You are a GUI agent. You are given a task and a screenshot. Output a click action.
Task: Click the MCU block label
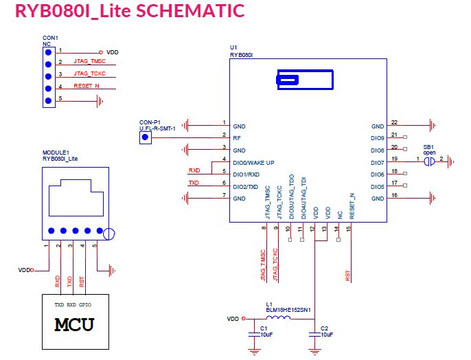tap(75, 324)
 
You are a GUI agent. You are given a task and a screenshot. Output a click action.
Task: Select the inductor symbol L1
tap(277, 319)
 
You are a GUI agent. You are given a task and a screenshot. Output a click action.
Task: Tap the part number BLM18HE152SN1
tap(289, 310)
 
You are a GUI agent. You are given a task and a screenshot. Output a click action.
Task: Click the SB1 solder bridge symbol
tap(428, 162)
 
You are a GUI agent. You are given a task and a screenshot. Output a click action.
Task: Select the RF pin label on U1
tap(237, 138)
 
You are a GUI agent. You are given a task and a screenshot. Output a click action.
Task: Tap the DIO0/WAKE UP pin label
tap(253, 162)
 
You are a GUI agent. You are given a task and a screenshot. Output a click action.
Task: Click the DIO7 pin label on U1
tap(377, 163)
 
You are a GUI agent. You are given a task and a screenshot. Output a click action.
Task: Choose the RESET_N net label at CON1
tap(87, 86)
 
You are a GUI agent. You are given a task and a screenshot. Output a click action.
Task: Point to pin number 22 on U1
tap(394, 122)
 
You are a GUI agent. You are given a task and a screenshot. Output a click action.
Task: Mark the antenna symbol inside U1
tap(287, 80)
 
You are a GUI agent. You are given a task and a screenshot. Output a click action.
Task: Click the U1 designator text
tap(233, 47)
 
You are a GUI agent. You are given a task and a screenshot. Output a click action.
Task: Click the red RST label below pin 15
tap(348, 275)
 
